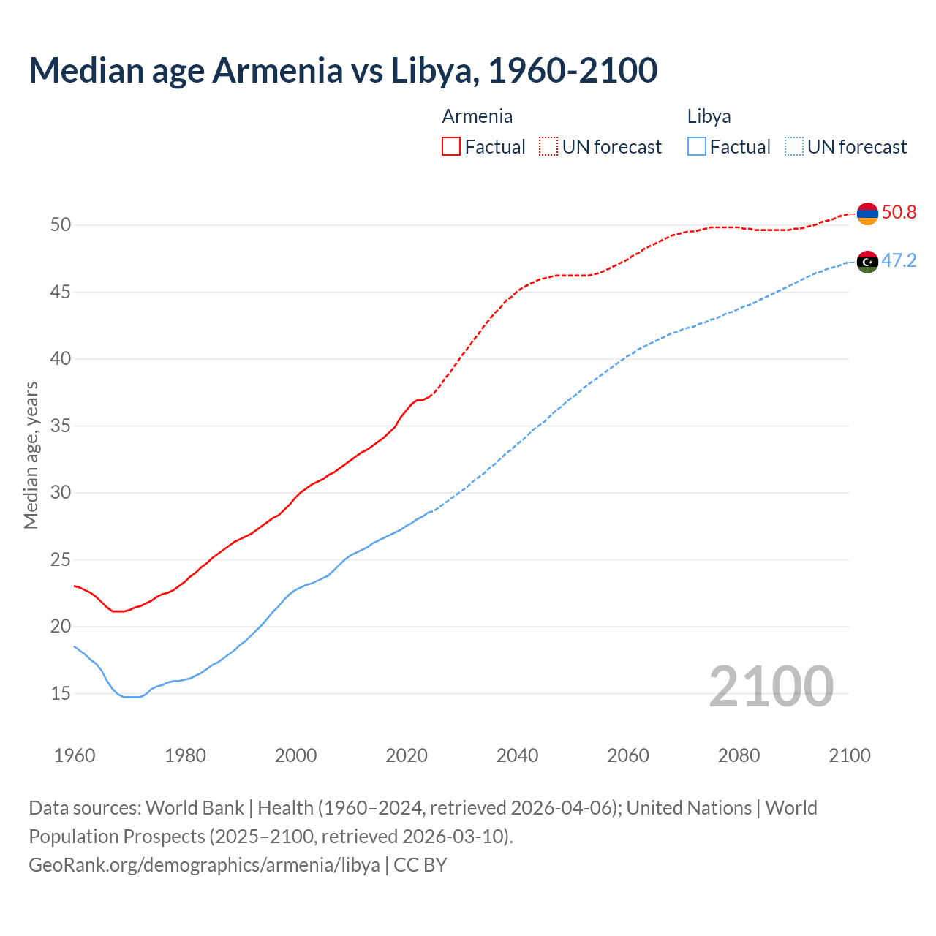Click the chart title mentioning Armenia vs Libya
click(343, 70)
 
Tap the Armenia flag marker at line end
click(867, 214)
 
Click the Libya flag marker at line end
click(867, 262)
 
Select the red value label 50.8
click(899, 213)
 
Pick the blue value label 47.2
click(899, 261)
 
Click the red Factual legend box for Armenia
click(451, 147)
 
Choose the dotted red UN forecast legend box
click(548, 147)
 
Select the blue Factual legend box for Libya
click(697, 147)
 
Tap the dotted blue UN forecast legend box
click(794, 147)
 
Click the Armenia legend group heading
click(477, 116)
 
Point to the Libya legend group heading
click(709, 116)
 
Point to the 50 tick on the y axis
click(61, 225)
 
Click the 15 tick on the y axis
click(61, 693)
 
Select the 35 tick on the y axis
click(61, 426)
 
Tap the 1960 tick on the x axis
click(75, 755)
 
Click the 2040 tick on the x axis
click(517, 755)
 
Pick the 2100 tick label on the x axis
click(849, 755)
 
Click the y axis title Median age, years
click(31, 455)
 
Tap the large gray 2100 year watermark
click(771, 687)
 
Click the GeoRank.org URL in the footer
click(204, 865)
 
